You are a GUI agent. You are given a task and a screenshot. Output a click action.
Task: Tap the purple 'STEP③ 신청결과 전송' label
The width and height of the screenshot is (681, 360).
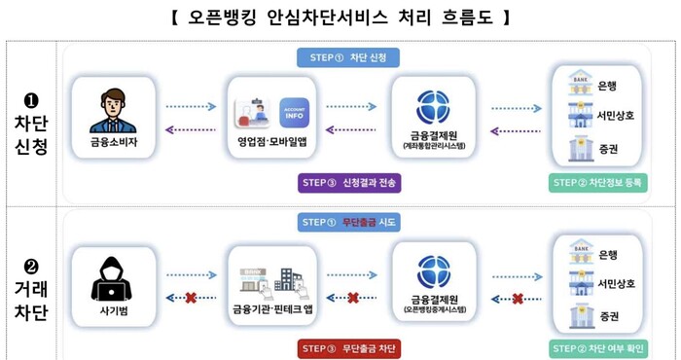[x=348, y=182]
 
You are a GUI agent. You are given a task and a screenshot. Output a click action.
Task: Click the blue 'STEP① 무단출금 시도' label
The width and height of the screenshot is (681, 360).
[x=348, y=223]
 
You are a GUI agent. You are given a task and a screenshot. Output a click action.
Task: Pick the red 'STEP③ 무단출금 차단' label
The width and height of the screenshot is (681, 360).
[x=348, y=347]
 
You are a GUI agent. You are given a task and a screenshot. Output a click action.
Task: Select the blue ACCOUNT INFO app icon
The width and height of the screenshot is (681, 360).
[x=294, y=111]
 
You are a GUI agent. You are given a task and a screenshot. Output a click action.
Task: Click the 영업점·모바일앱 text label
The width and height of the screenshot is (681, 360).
[x=271, y=142]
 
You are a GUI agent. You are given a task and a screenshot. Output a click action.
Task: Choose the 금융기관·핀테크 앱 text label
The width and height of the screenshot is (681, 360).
[x=271, y=308]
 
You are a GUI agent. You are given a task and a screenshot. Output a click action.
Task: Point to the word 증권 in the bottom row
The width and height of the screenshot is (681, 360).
[x=609, y=317]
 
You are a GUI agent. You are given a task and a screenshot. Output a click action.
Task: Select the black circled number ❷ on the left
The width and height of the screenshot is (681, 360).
[x=31, y=265]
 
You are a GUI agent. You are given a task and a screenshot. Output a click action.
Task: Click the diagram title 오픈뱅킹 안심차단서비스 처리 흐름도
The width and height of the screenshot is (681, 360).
[x=340, y=18]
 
